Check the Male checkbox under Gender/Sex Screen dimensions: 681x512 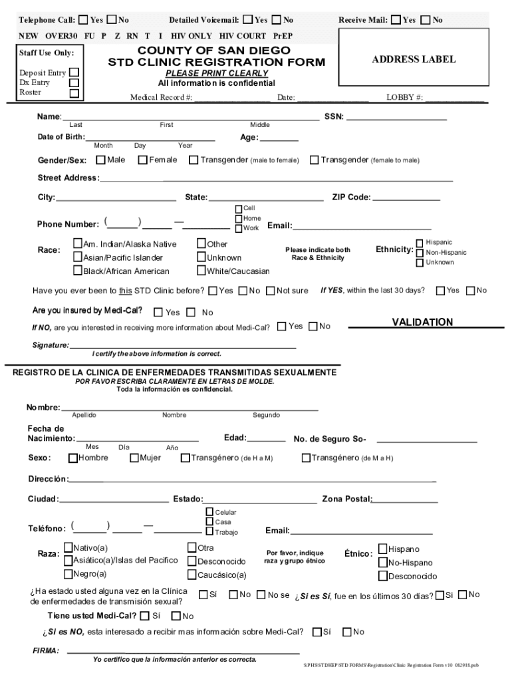100,160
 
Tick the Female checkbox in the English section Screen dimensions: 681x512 142,160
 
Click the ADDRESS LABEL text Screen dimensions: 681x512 414,59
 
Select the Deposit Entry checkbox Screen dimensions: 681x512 74,72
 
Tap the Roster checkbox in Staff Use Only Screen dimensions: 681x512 74,93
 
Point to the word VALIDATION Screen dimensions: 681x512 422,322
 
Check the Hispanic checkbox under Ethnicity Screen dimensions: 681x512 420,243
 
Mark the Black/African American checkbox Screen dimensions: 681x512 78,271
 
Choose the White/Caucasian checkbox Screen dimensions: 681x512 201,271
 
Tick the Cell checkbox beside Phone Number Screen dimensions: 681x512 239,208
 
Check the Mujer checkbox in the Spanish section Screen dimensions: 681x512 134,458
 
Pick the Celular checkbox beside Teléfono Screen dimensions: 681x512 209,512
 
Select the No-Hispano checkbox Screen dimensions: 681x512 382,562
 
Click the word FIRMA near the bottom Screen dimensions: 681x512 46,650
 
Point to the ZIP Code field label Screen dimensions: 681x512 351,198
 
